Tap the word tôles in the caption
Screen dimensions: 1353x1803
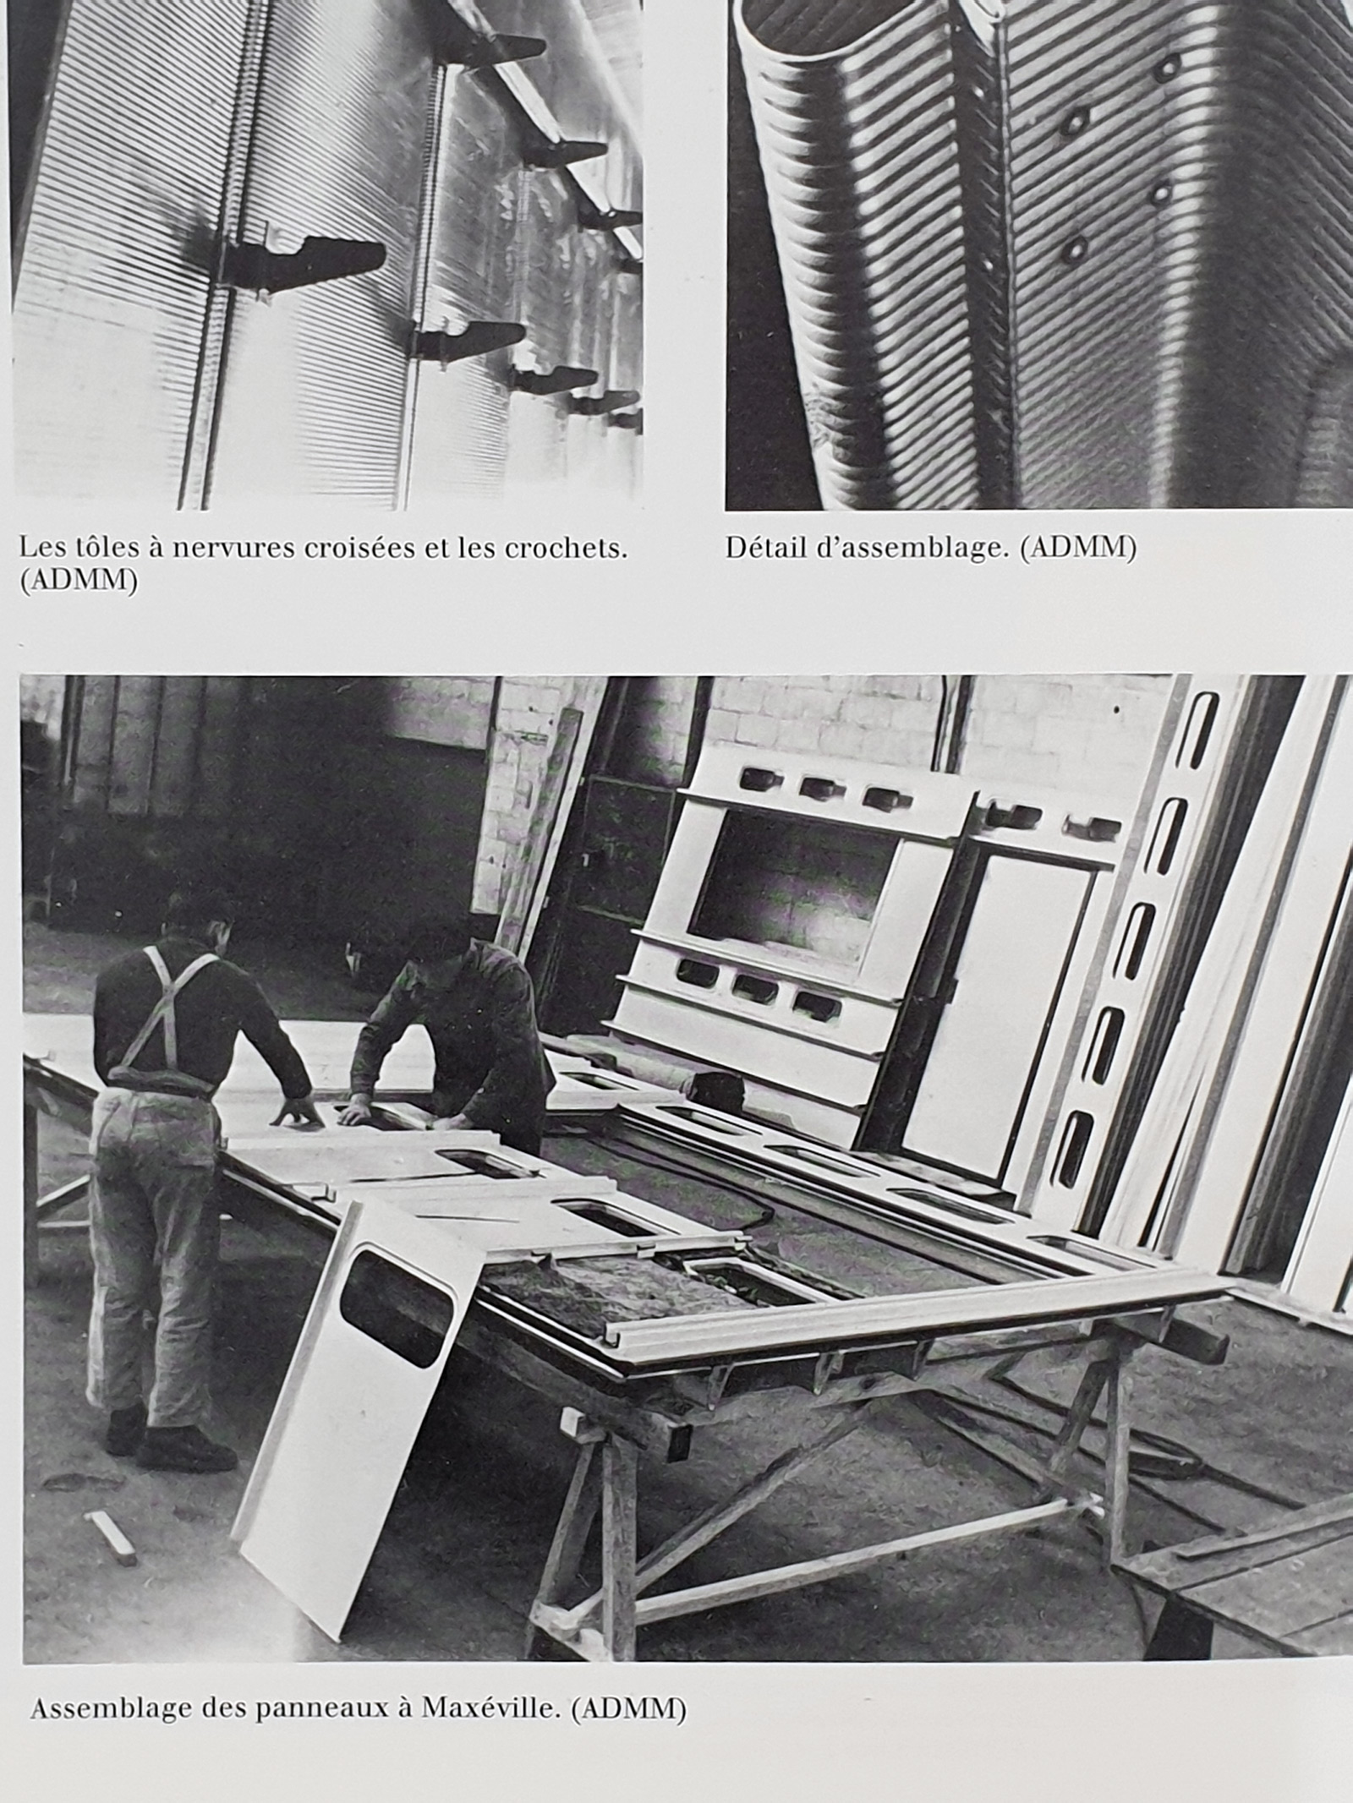102,549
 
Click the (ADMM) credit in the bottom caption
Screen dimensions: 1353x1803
628,1638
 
